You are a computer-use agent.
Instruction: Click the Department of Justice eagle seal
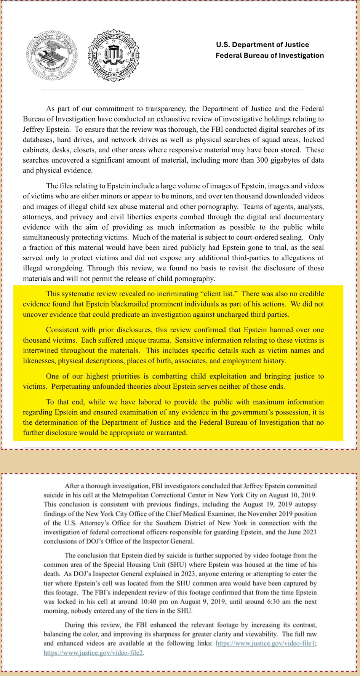tap(52, 56)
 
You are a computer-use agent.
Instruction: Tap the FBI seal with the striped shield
tap(114, 56)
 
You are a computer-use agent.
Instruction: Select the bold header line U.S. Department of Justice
tap(262, 45)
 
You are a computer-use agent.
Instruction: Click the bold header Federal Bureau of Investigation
tap(270, 55)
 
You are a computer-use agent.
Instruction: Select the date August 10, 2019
tap(293, 495)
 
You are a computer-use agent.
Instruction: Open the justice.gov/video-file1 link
tap(266, 643)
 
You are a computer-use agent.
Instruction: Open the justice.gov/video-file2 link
tap(93, 652)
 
